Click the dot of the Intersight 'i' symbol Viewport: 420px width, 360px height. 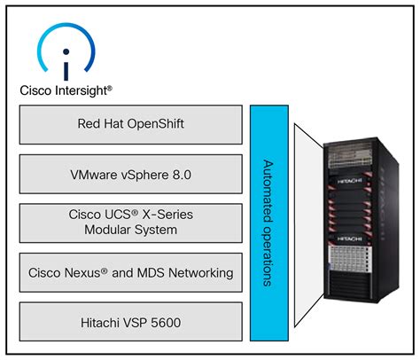click(66, 51)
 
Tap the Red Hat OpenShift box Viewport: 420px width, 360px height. click(131, 125)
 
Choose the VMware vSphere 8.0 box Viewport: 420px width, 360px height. click(131, 174)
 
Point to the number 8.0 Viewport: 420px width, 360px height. click(182, 175)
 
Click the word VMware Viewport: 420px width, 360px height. click(94, 175)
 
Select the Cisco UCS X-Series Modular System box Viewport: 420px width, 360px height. click(131, 223)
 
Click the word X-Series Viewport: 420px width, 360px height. click(167, 215)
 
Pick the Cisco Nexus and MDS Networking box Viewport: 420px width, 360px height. click(131, 272)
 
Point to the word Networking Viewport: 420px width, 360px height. click(201, 273)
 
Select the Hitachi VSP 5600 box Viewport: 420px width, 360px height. click(131, 322)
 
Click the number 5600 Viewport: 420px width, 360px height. click(166, 323)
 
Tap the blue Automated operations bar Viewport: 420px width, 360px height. click(269, 223)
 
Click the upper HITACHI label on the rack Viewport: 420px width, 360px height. click(350, 181)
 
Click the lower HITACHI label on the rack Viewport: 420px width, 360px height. click(350, 239)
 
